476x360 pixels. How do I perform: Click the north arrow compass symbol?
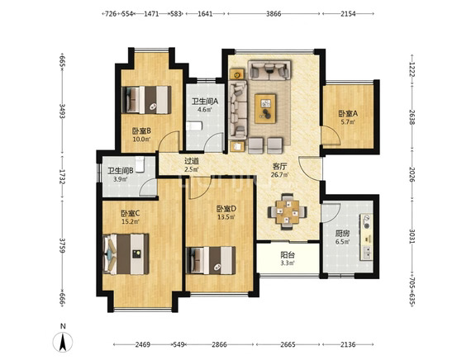63,342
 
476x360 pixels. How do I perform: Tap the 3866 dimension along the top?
274,14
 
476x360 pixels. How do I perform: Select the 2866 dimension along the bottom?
219,344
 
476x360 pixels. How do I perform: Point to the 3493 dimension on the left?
62,111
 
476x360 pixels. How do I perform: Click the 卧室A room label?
348,114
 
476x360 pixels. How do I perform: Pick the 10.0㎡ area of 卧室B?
141,139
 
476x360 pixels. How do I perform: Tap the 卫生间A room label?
205,102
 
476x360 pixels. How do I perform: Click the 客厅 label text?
279,166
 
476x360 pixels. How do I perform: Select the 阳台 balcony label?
288,255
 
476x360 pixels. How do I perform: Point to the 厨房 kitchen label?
342,234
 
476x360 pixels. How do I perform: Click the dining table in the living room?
288,211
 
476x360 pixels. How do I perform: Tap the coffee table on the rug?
265,108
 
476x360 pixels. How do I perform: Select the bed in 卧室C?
126,254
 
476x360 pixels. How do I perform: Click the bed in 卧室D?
211,261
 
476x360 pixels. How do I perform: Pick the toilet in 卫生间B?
140,164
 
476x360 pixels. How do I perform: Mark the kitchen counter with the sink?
366,237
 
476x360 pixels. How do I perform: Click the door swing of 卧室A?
331,135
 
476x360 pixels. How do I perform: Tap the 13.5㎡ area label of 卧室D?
226,217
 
